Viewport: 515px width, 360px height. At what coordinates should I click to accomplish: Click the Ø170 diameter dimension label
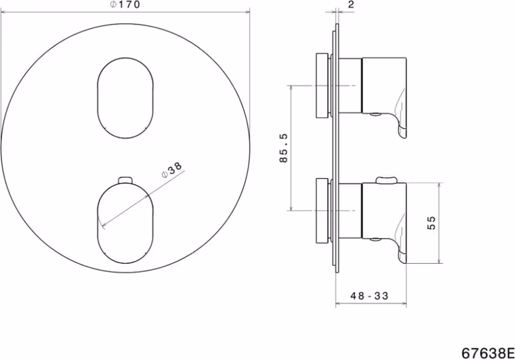pyautogui.click(x=125, y=5)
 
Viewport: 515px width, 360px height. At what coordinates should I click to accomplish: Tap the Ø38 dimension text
pyautogui.click(x=172, y=169)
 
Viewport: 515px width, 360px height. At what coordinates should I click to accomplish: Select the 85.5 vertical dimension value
pyautogui.click(x=283, y=148)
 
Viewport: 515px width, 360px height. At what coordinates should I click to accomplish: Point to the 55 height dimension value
pyautogui.click(x=431, y=223)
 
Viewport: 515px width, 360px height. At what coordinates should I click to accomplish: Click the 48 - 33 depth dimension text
pyautogui.click(x=369, y=296)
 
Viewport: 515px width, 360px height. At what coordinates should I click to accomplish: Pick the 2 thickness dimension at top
pyautogui.click(x=351, y=5)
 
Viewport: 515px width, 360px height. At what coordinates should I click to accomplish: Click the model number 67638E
pyautogui.click(x=488, y=353)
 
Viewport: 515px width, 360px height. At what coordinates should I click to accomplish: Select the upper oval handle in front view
pyautogui.click(x=125, y=98)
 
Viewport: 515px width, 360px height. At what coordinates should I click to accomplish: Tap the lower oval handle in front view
pyautogui.click(x=125, y=224)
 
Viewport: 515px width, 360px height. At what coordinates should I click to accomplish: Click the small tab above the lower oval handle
pyautogui.click(x=125, y=180)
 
